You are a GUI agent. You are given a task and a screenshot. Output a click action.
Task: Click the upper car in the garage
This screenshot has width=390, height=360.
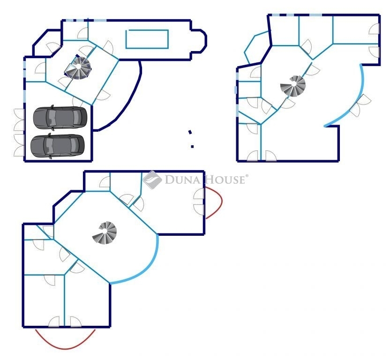point(60,117)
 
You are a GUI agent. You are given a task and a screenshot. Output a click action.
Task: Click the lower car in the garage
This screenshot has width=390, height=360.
point(58,145)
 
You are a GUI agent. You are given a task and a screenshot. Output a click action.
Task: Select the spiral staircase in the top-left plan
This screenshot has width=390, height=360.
point(79,68)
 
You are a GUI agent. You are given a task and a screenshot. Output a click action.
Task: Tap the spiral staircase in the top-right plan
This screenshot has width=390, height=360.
point(293,86)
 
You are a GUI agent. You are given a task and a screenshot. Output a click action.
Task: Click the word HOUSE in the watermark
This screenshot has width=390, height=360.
point(224,180)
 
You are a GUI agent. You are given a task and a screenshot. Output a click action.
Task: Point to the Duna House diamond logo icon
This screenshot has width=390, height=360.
point(152,180)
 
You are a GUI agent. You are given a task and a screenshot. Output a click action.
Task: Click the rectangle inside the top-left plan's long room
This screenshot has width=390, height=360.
point(147,39)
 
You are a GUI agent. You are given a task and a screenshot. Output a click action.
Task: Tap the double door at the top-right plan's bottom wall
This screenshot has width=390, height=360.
point(262,156)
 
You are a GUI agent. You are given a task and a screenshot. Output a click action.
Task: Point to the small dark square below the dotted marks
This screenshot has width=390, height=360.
point(192,147)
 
